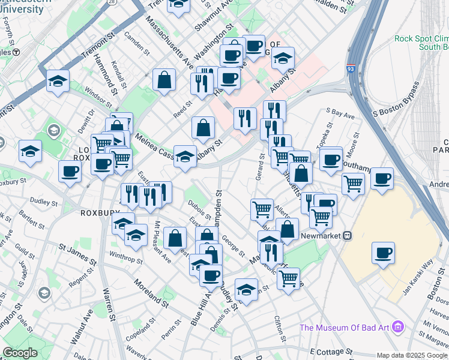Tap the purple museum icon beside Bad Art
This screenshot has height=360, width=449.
coord(399,328)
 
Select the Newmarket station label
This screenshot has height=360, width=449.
coord(325,236)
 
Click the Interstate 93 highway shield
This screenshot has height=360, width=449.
coord(351,70)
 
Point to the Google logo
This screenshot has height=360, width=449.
coord(20,353)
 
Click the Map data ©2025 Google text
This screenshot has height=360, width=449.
coord(412,355)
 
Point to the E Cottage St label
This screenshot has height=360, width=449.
coord(330,350)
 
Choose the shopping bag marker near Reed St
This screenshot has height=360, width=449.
coord(164,80)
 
